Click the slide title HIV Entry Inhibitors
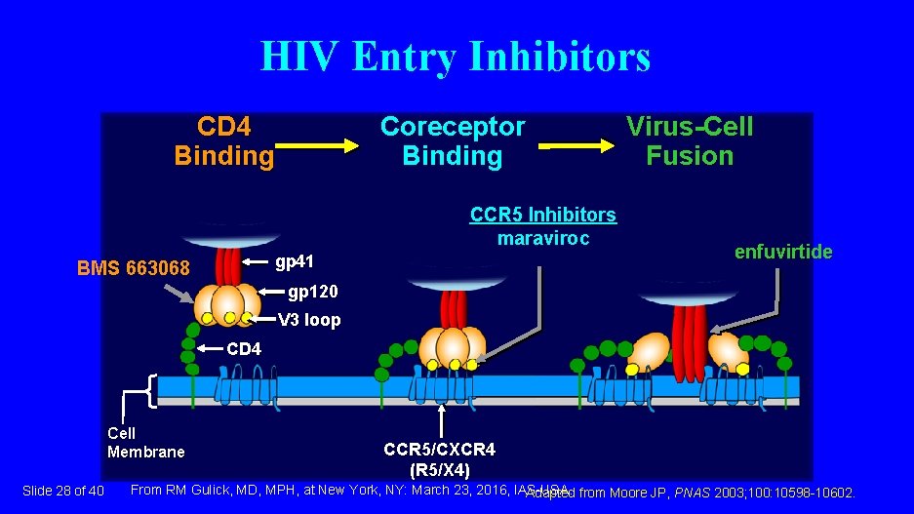(x=456, y=57)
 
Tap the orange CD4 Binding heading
(x=224, y=141)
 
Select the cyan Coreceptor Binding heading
(x=452, y=141)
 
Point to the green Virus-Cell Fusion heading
(x=690, y=141)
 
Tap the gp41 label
(x=296, y=261)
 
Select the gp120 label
(x=305, y=292)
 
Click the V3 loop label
(x=309, y=320)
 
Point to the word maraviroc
(x=543, y=237)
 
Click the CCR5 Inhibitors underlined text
(x=543, y=215)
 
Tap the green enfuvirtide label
(x=783, y=252)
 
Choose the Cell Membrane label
(x=145, y=442)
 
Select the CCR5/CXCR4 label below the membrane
(x=439, y=450)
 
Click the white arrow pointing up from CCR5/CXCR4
(x=442, y=422)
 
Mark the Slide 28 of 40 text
(x=62, y=490)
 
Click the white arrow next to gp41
(x=256, y=262)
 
